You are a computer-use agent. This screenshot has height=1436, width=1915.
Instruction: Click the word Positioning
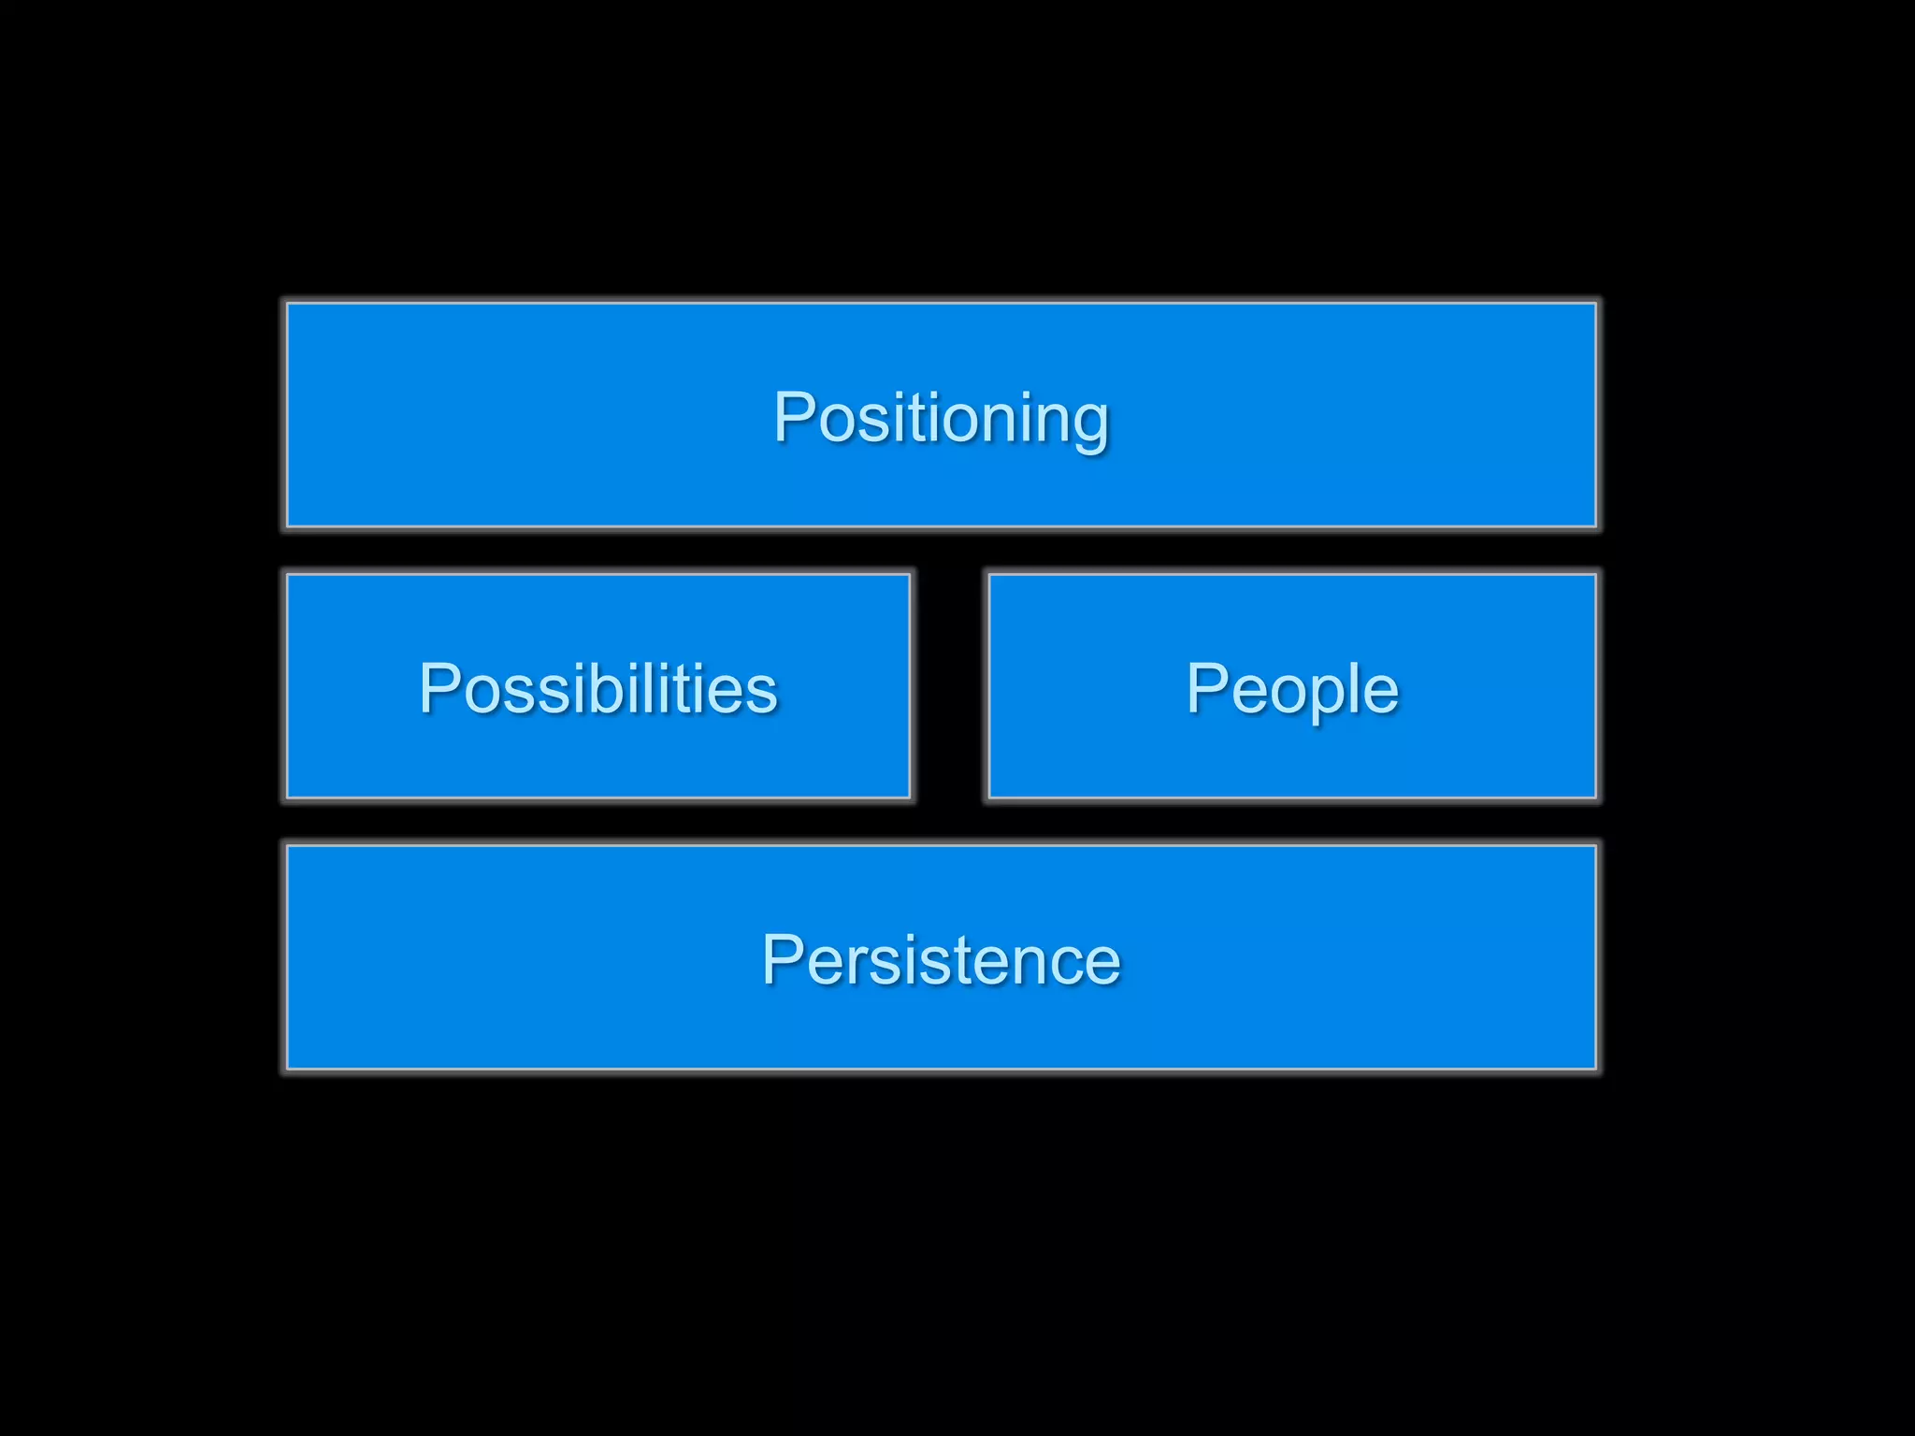(x=941, y=417)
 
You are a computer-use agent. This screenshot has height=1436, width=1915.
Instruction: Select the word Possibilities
(x=598, y=688)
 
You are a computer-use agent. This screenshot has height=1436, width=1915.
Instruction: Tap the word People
(x=1292, y=688)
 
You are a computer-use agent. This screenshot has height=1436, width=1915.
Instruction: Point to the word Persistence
(x=941, y=959)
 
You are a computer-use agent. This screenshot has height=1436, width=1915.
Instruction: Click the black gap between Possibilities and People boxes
(x=949, y=686)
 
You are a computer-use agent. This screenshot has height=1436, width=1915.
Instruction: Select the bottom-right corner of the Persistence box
(x=1595, y=1068)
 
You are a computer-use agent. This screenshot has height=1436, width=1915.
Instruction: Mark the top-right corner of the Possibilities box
(x=909, y=575)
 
